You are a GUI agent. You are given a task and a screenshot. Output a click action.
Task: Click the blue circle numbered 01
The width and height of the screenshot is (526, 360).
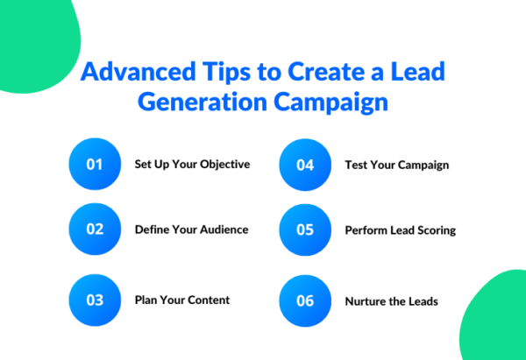[x=95, y=165]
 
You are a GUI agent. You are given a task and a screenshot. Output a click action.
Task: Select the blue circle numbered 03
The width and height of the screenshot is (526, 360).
[x=95, y=300]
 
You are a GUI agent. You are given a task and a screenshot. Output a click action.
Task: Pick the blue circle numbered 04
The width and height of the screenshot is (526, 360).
[x=305, y=165]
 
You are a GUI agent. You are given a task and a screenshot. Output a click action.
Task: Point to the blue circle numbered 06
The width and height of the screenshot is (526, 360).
[x=305, y=300]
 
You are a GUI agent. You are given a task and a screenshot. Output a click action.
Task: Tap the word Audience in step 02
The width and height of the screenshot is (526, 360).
[x=222, y=230]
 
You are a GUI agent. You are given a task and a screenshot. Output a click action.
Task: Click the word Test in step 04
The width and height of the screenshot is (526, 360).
[x=357, y=165]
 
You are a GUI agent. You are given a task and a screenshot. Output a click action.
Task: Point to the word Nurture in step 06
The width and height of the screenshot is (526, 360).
[x=368, y=300]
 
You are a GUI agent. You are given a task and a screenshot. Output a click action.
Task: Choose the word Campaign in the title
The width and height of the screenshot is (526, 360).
[x=336, y=102]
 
